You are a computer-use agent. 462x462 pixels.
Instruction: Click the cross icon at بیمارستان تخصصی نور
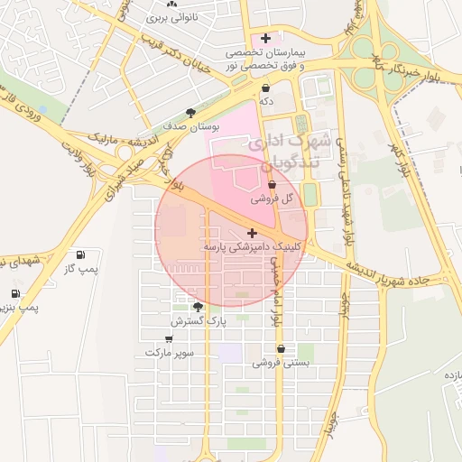click(265, 38)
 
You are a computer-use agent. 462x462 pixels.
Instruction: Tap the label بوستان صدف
click(189, 128)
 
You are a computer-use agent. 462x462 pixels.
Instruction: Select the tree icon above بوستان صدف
click(190, 113)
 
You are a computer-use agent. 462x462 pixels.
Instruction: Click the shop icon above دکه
click(265, 88)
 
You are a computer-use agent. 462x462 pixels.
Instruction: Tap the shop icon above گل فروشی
click(273, 185)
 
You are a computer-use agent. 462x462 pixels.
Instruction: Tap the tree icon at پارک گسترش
click(198, 307)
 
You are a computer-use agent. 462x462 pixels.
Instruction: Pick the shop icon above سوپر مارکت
click(169, 338)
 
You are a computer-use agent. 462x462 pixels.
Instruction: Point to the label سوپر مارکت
click(170, 353)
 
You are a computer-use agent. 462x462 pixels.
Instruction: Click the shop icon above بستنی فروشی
click(282, 348)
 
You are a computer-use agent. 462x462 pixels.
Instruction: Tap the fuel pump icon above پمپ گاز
click(81, 254)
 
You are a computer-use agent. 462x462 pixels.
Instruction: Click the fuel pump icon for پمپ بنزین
click(15, 293)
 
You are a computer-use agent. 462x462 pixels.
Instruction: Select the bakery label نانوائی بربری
click(159, 17)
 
